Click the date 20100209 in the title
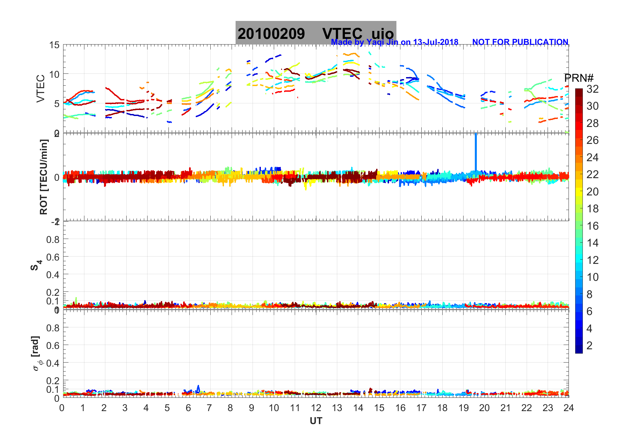pos(271,34)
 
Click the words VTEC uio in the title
pos(358,34)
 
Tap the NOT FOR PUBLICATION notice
pos(520,42)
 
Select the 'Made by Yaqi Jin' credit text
pos(394,42)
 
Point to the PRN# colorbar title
pos(579,78)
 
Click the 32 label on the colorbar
pos(592,89)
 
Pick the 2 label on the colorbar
pos(589,346)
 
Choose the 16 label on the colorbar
pos(592,226)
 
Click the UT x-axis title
pos(316,421)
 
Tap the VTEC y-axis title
pos(41,88)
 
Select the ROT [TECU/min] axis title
pos(44,177)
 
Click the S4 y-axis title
pos(36,265)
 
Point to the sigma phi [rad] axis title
pos(36,353)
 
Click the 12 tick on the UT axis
pos(316,408)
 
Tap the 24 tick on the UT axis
pos(569,408)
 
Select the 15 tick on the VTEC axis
pos(54,45)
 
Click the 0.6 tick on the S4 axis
pos(53,257)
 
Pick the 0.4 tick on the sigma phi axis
pos(53,363)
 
